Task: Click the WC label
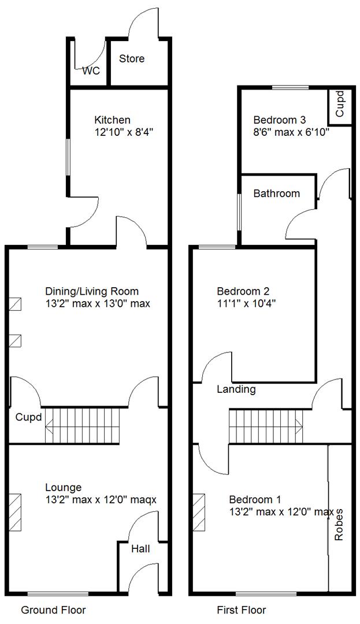(91, 72)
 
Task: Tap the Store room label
(132, 59)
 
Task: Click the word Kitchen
(112, 120)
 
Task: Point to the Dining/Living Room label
(92, 291)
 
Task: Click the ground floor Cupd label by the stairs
(28, 417)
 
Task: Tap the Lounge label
(63, 488)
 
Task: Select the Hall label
(140, 549)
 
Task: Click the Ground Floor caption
(53, 610)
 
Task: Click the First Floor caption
(241, 610)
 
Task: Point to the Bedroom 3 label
(280, 120)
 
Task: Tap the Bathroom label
(277, 194)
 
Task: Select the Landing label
(236, 389)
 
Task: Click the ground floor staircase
(84, 426)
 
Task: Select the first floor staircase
(265, 426)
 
